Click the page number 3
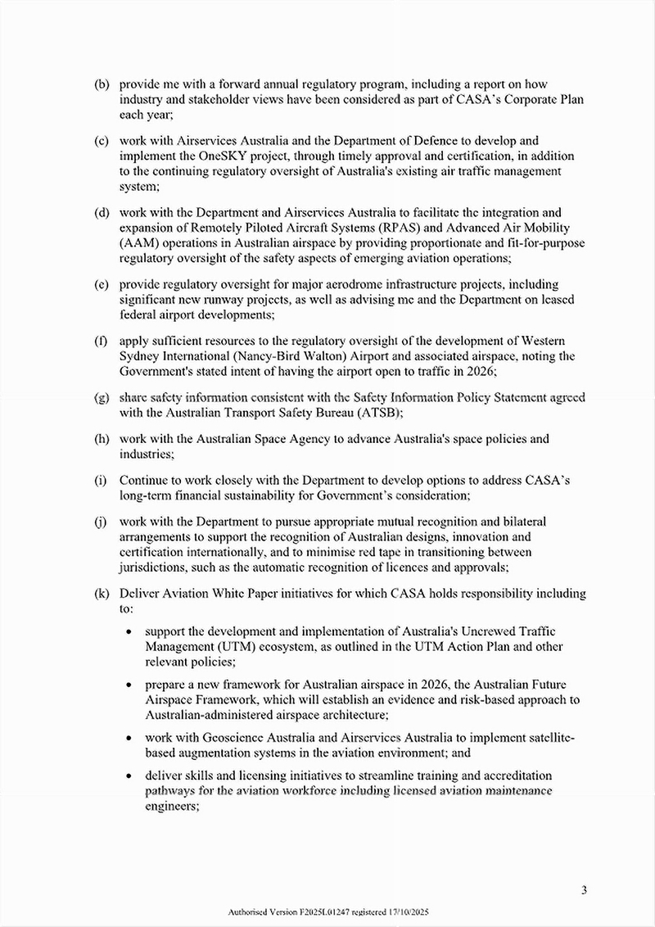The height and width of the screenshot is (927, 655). pos(585,890)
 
